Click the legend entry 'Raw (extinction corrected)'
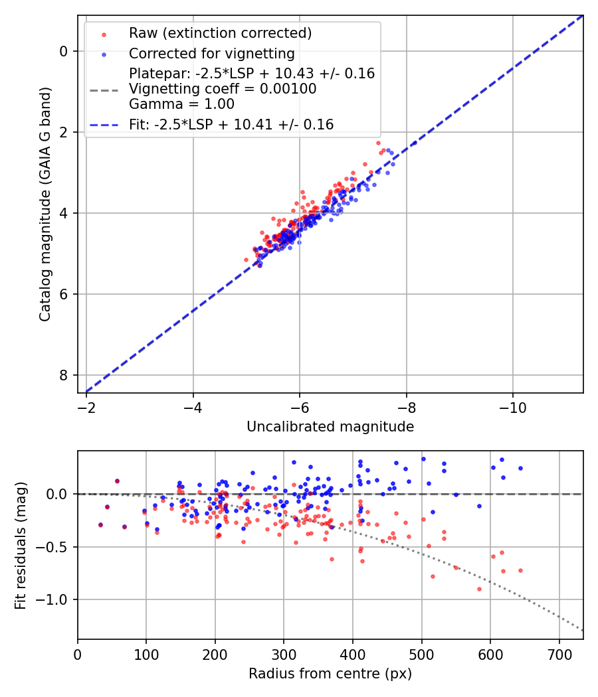point(220,33)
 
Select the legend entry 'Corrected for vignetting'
point(211,53)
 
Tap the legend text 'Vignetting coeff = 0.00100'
point(223,89)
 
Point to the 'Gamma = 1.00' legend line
point(181,104)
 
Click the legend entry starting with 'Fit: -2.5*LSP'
point(231,124)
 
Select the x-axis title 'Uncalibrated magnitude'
point(330,427)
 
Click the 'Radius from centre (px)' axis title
point(330,674)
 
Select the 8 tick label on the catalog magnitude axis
point(64,375)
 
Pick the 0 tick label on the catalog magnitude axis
point(64,51)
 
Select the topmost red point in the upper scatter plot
point(378,143)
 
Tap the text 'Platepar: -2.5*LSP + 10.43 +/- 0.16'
point(252,74)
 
